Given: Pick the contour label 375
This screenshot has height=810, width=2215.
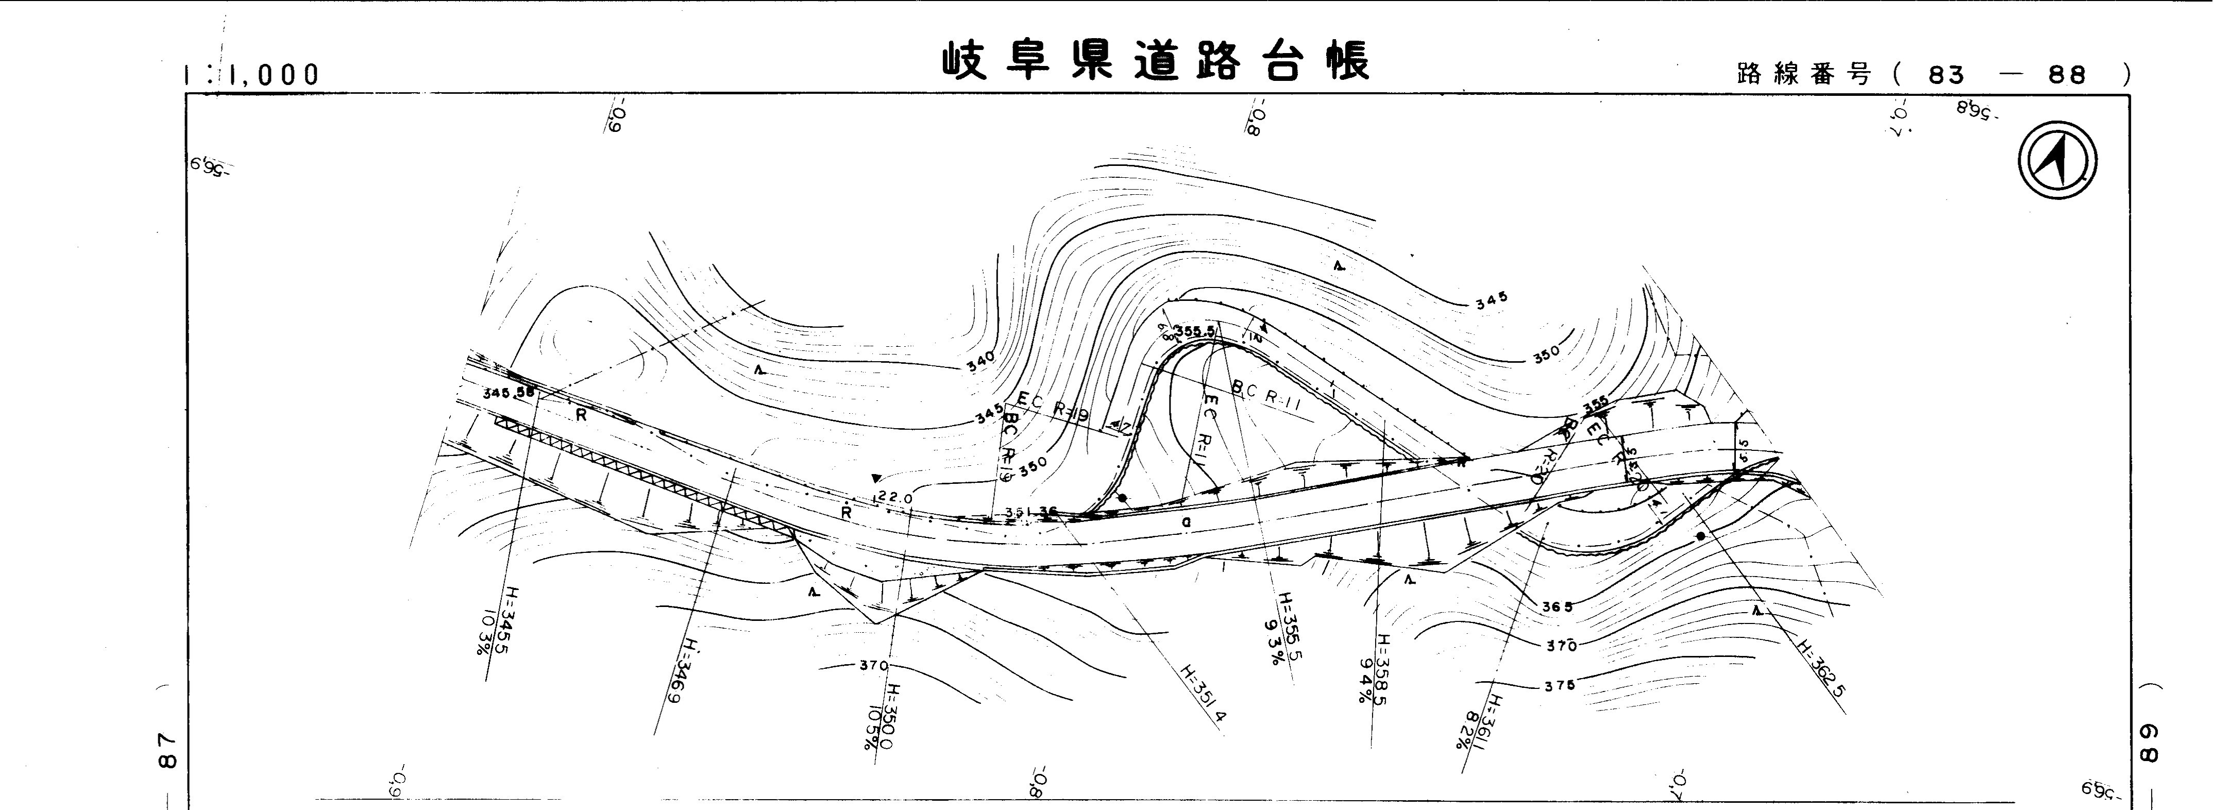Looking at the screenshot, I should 1559,685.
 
